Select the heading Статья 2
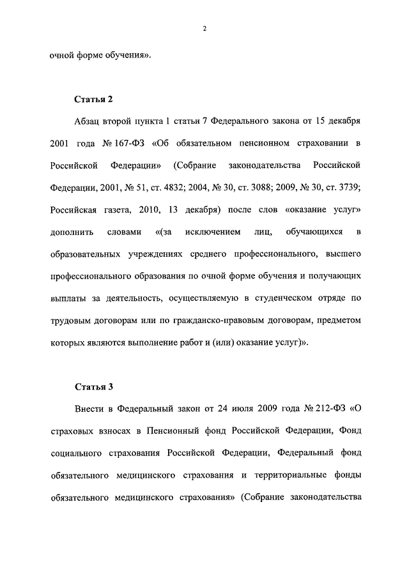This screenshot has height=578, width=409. click(94, 99)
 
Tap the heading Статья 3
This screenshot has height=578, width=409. click(94, 386)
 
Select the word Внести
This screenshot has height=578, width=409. click(91, 408)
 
